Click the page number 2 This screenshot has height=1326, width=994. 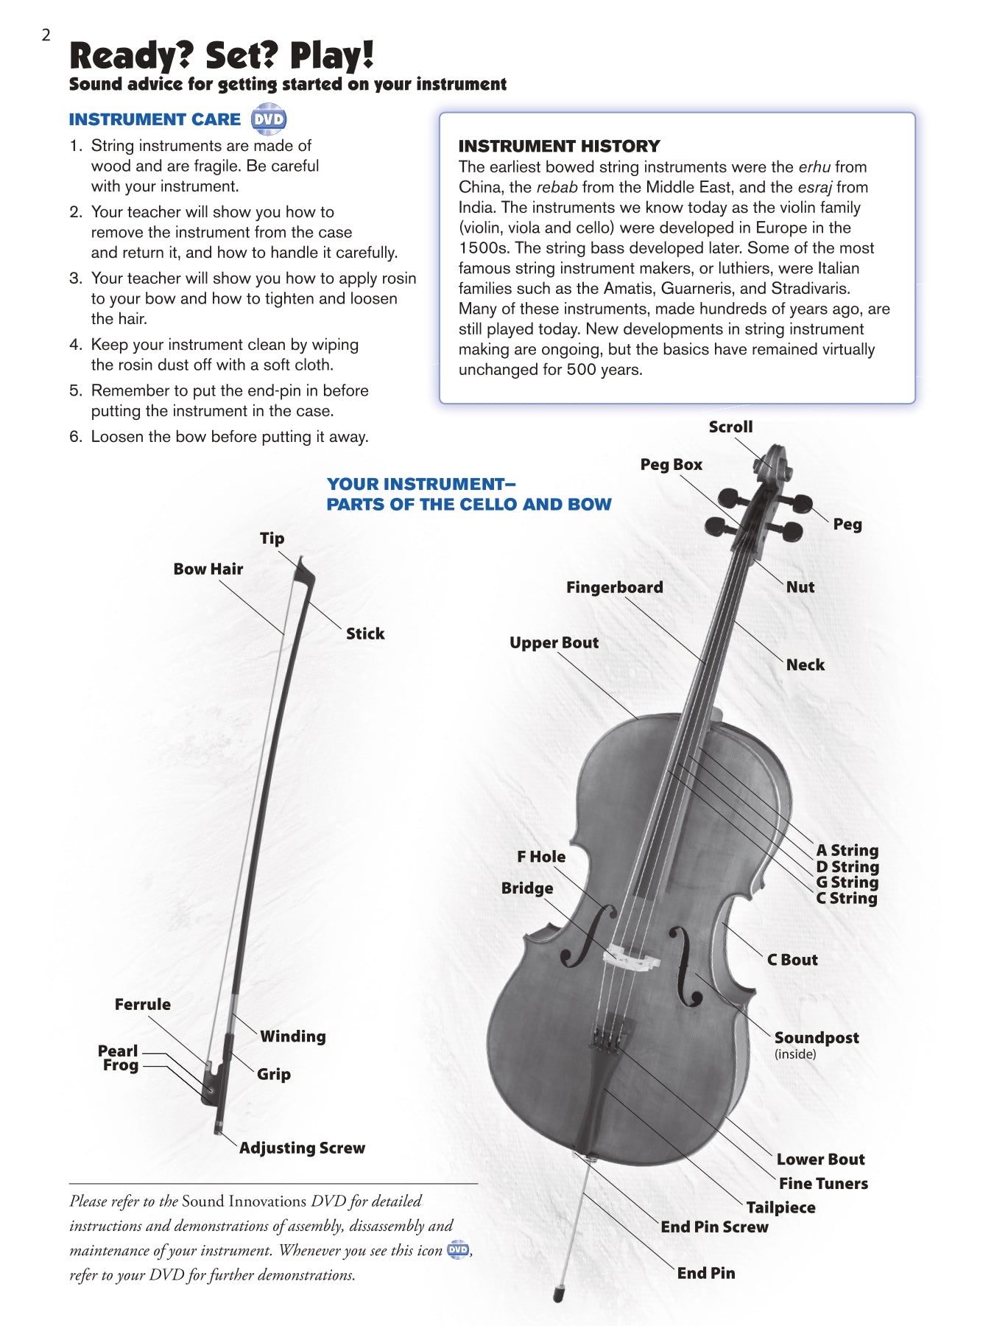pyautogui.click(x=46, y=35)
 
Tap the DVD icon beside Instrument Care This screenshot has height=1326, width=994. pyautogui.click(x=268, y=119)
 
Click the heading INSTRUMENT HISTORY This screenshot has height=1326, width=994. pyautogui.click(x=559, y=146)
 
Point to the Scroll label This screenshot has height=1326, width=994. pyautogui.click(x=730, y=427)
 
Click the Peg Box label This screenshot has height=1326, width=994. pyautogui.click(x=671, y=465)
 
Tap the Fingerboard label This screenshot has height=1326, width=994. pyautogui.click(x=614, y=587)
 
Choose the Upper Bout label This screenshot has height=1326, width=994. pyautogui.click(x=554, y=642)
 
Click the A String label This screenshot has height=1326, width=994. pyautogui.click(x=847, y=851)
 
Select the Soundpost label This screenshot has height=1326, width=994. pyautogui.click(x=816, y=1038)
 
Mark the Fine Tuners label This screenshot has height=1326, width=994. pyautogui.click(x=823, y=1184)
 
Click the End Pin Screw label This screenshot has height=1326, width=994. pyautogui.click(x=714, y=1227)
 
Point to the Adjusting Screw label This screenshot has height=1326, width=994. pyautogui.click(x=302, y=1148)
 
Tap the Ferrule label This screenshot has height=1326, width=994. pyautogui.click(x=142, y=1005)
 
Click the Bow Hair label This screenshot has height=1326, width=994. pyautogui.click(x=208, y=569)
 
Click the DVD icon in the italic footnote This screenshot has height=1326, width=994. pyautogui.click(x=458, y=1250)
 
